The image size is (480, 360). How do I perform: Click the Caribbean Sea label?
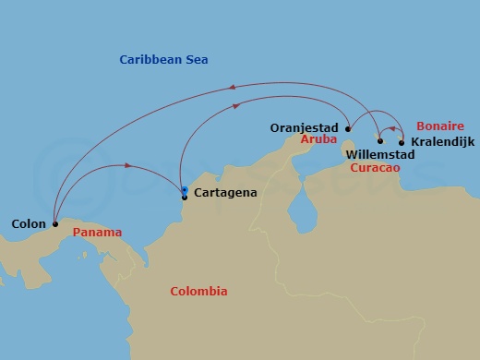[x=163, y=60]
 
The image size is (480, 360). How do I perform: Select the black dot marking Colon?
[x=55, y=223]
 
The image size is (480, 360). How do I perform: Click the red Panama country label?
[x=97, y=234]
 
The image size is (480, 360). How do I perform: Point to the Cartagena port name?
[x=225, y=193]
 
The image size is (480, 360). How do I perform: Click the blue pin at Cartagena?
[x=185, y=191]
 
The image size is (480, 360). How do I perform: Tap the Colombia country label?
[x=198, y=292]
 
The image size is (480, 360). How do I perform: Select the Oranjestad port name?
[x=306, y=128]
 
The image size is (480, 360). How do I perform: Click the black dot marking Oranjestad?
[x=348, y=129]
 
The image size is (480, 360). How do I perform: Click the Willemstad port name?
[x=379, y=155]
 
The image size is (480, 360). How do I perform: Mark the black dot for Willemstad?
[x=379, y=141]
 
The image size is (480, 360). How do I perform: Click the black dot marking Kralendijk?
[x=402, y=142]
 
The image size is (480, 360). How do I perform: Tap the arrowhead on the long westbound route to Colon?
[x=232, y=88]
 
